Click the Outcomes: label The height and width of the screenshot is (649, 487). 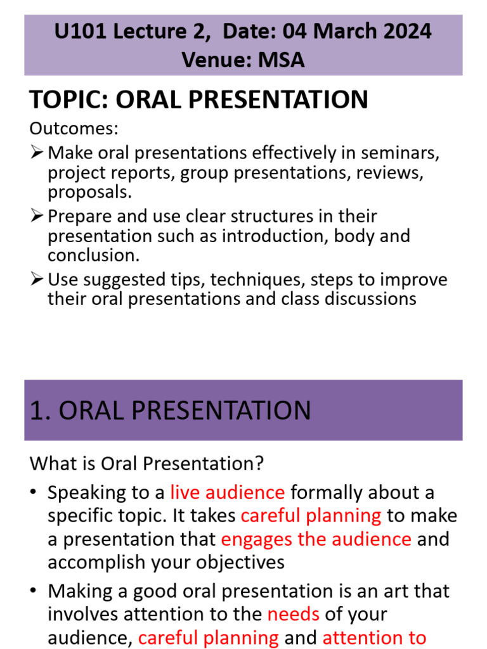click(x=74, y=129)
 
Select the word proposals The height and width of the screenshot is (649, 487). click(x=89, y=191)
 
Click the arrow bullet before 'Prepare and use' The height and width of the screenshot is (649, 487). click(x=37, y=216)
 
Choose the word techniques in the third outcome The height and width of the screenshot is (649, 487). click(x=269, y=280)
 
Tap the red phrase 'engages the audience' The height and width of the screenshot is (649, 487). click(x=316, y=539)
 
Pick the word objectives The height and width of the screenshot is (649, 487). click(x=232, y=562)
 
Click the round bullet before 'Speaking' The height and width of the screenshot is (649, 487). click(x=34, y=493)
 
